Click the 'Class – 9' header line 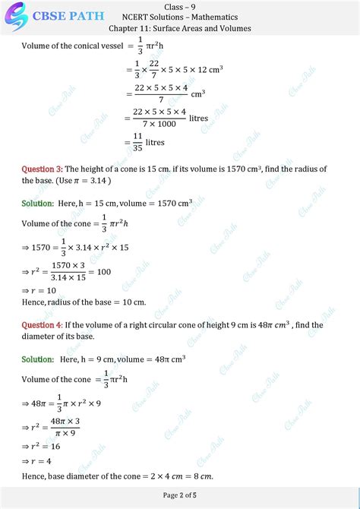coord(179,6)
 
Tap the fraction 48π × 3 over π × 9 coord(65,426)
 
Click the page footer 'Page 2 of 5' coord(180,498)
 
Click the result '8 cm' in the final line coord(200,476)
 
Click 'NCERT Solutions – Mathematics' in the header coord(180,17)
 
